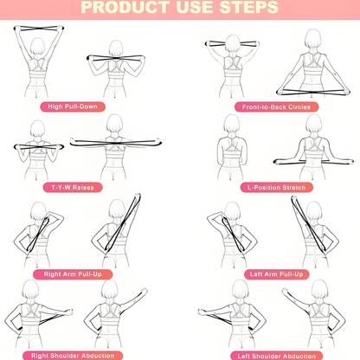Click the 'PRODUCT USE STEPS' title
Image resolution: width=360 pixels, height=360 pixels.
[179, 9]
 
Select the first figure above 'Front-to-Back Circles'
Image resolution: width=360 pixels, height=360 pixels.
[232, 65]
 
